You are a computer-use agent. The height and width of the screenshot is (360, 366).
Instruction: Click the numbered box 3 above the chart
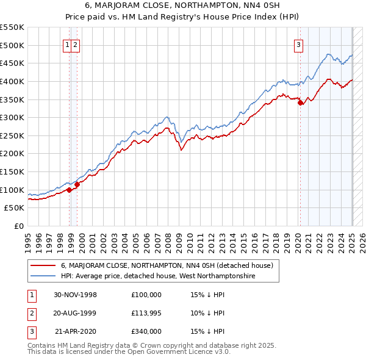coord(299,44)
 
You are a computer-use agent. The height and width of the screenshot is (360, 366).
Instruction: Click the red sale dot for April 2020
coord(300,103)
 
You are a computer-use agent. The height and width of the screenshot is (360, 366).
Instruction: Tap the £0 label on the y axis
coord(19,226)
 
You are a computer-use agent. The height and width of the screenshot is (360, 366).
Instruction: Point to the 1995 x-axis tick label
coord(28,240)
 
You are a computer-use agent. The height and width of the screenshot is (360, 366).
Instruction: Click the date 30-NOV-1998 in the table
coord(76,294)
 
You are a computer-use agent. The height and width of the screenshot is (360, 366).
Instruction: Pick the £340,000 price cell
coord(146,332)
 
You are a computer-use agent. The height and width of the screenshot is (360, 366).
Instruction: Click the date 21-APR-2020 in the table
coord(76,332)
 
